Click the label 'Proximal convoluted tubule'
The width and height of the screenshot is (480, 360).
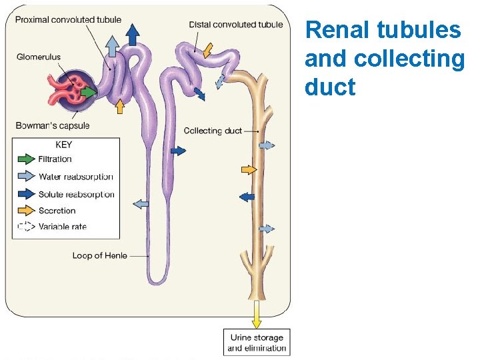click(68, 19)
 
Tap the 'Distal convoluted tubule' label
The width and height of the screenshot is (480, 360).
click(235, 24)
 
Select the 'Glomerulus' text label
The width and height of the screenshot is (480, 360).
click(39, 57)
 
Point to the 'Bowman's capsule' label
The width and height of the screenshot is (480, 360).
click(53, 125)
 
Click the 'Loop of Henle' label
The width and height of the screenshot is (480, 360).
click(100, 255)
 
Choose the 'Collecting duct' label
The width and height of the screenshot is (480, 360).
click(213, 131)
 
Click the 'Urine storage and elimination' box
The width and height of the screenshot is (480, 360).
click(257, 343)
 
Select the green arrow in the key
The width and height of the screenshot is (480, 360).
click(25, 159)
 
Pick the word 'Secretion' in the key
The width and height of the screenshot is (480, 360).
click(57, 211)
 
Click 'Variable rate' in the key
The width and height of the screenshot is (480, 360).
click(63, 227)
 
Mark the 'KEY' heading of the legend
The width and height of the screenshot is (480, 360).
click(64, 145)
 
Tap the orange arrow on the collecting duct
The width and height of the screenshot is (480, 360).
click(248, 170)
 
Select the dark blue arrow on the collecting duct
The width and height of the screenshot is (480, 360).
click(247, 197)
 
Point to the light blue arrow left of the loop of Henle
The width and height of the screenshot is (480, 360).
click(141, 204)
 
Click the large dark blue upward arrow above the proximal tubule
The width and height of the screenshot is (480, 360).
click(133, 34)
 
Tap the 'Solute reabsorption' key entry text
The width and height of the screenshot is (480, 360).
click(76, 195)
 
